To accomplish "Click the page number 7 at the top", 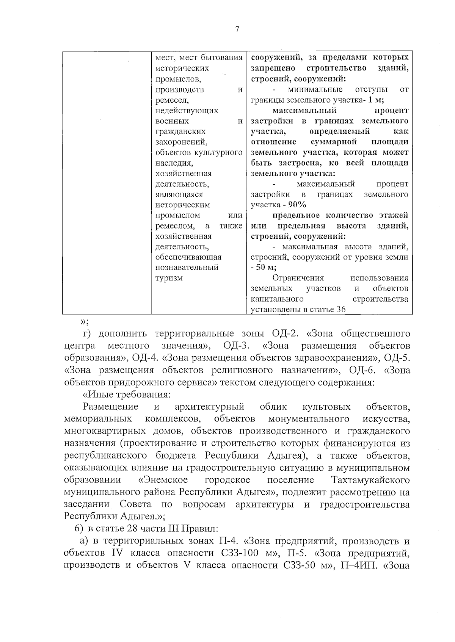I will click(x=237, y=30).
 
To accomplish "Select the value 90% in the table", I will click(x=297, y=205).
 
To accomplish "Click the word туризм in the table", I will click(x=169, y=278).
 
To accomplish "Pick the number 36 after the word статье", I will click(x=340, y=309).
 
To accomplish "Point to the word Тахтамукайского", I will click(x=370, y=480).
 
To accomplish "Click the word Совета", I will click(x=135, y=504).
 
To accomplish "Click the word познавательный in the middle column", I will click(x=187, y=268).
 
